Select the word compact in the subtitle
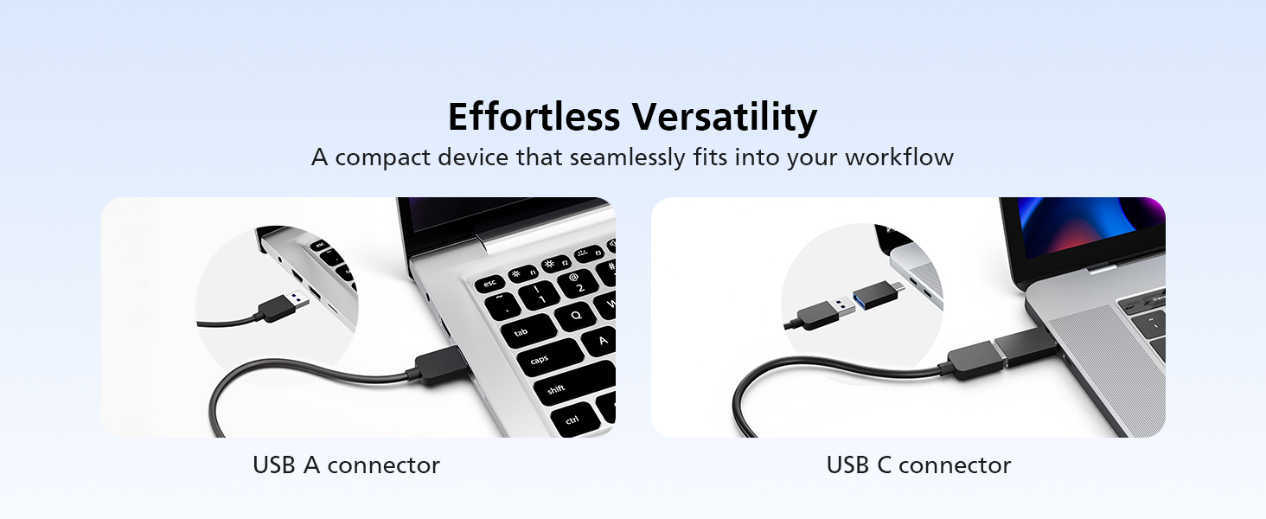tap(382, 157)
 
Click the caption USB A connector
tap(346, 465)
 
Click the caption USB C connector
tap(918, 465)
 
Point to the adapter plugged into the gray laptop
tap(1025, 346)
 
